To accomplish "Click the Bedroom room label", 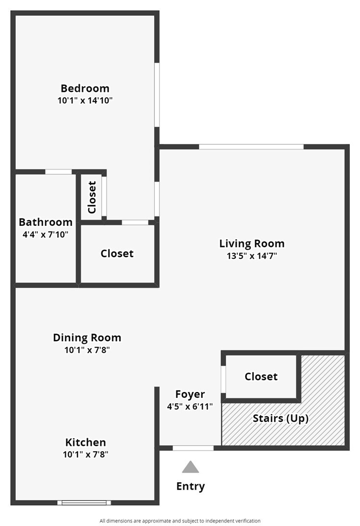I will (x=85, y=88).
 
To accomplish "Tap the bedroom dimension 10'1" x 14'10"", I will (x=85, y=101).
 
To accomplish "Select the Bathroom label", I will (x=46, y=222).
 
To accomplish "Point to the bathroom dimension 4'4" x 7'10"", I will (x=46, y=234).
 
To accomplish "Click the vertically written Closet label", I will (x=92, y=197).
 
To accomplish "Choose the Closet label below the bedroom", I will (x=117, y=253).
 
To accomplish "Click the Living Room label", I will (x=251, y=243).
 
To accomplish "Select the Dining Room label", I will (x=87, y=338).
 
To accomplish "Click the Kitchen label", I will (x=85, y=442).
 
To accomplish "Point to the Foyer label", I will (x=190, y=394).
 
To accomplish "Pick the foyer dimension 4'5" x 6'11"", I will (x=190, y=406).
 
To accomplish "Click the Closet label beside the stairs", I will (x=261, y=376).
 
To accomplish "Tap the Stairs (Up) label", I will (x=280, y=418).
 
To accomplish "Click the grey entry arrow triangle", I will (x=190, y=467).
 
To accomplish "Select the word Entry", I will (x=190, y=486).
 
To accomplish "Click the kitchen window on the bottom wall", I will (x=84, y=502).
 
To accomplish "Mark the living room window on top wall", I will (x=251, y=146).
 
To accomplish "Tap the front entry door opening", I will (x=193, y=448).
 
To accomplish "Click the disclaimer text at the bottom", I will (x=180, y=521).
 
